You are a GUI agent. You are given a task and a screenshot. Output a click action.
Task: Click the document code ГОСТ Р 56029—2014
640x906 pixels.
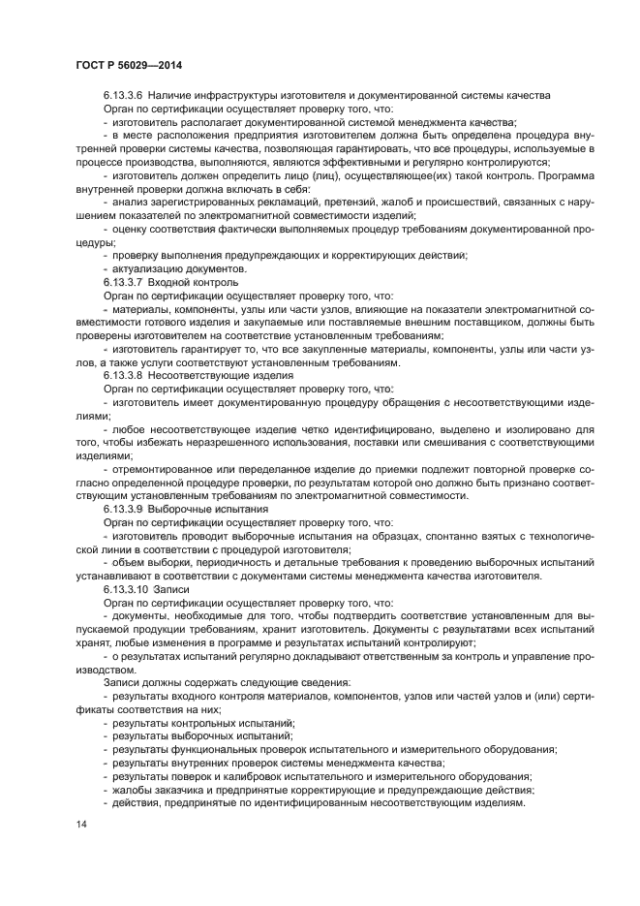tap(128, 64)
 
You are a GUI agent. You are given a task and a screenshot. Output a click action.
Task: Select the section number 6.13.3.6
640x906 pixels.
tap(123, 95)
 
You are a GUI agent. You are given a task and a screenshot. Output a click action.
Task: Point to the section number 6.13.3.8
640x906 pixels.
tap(123, 373)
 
